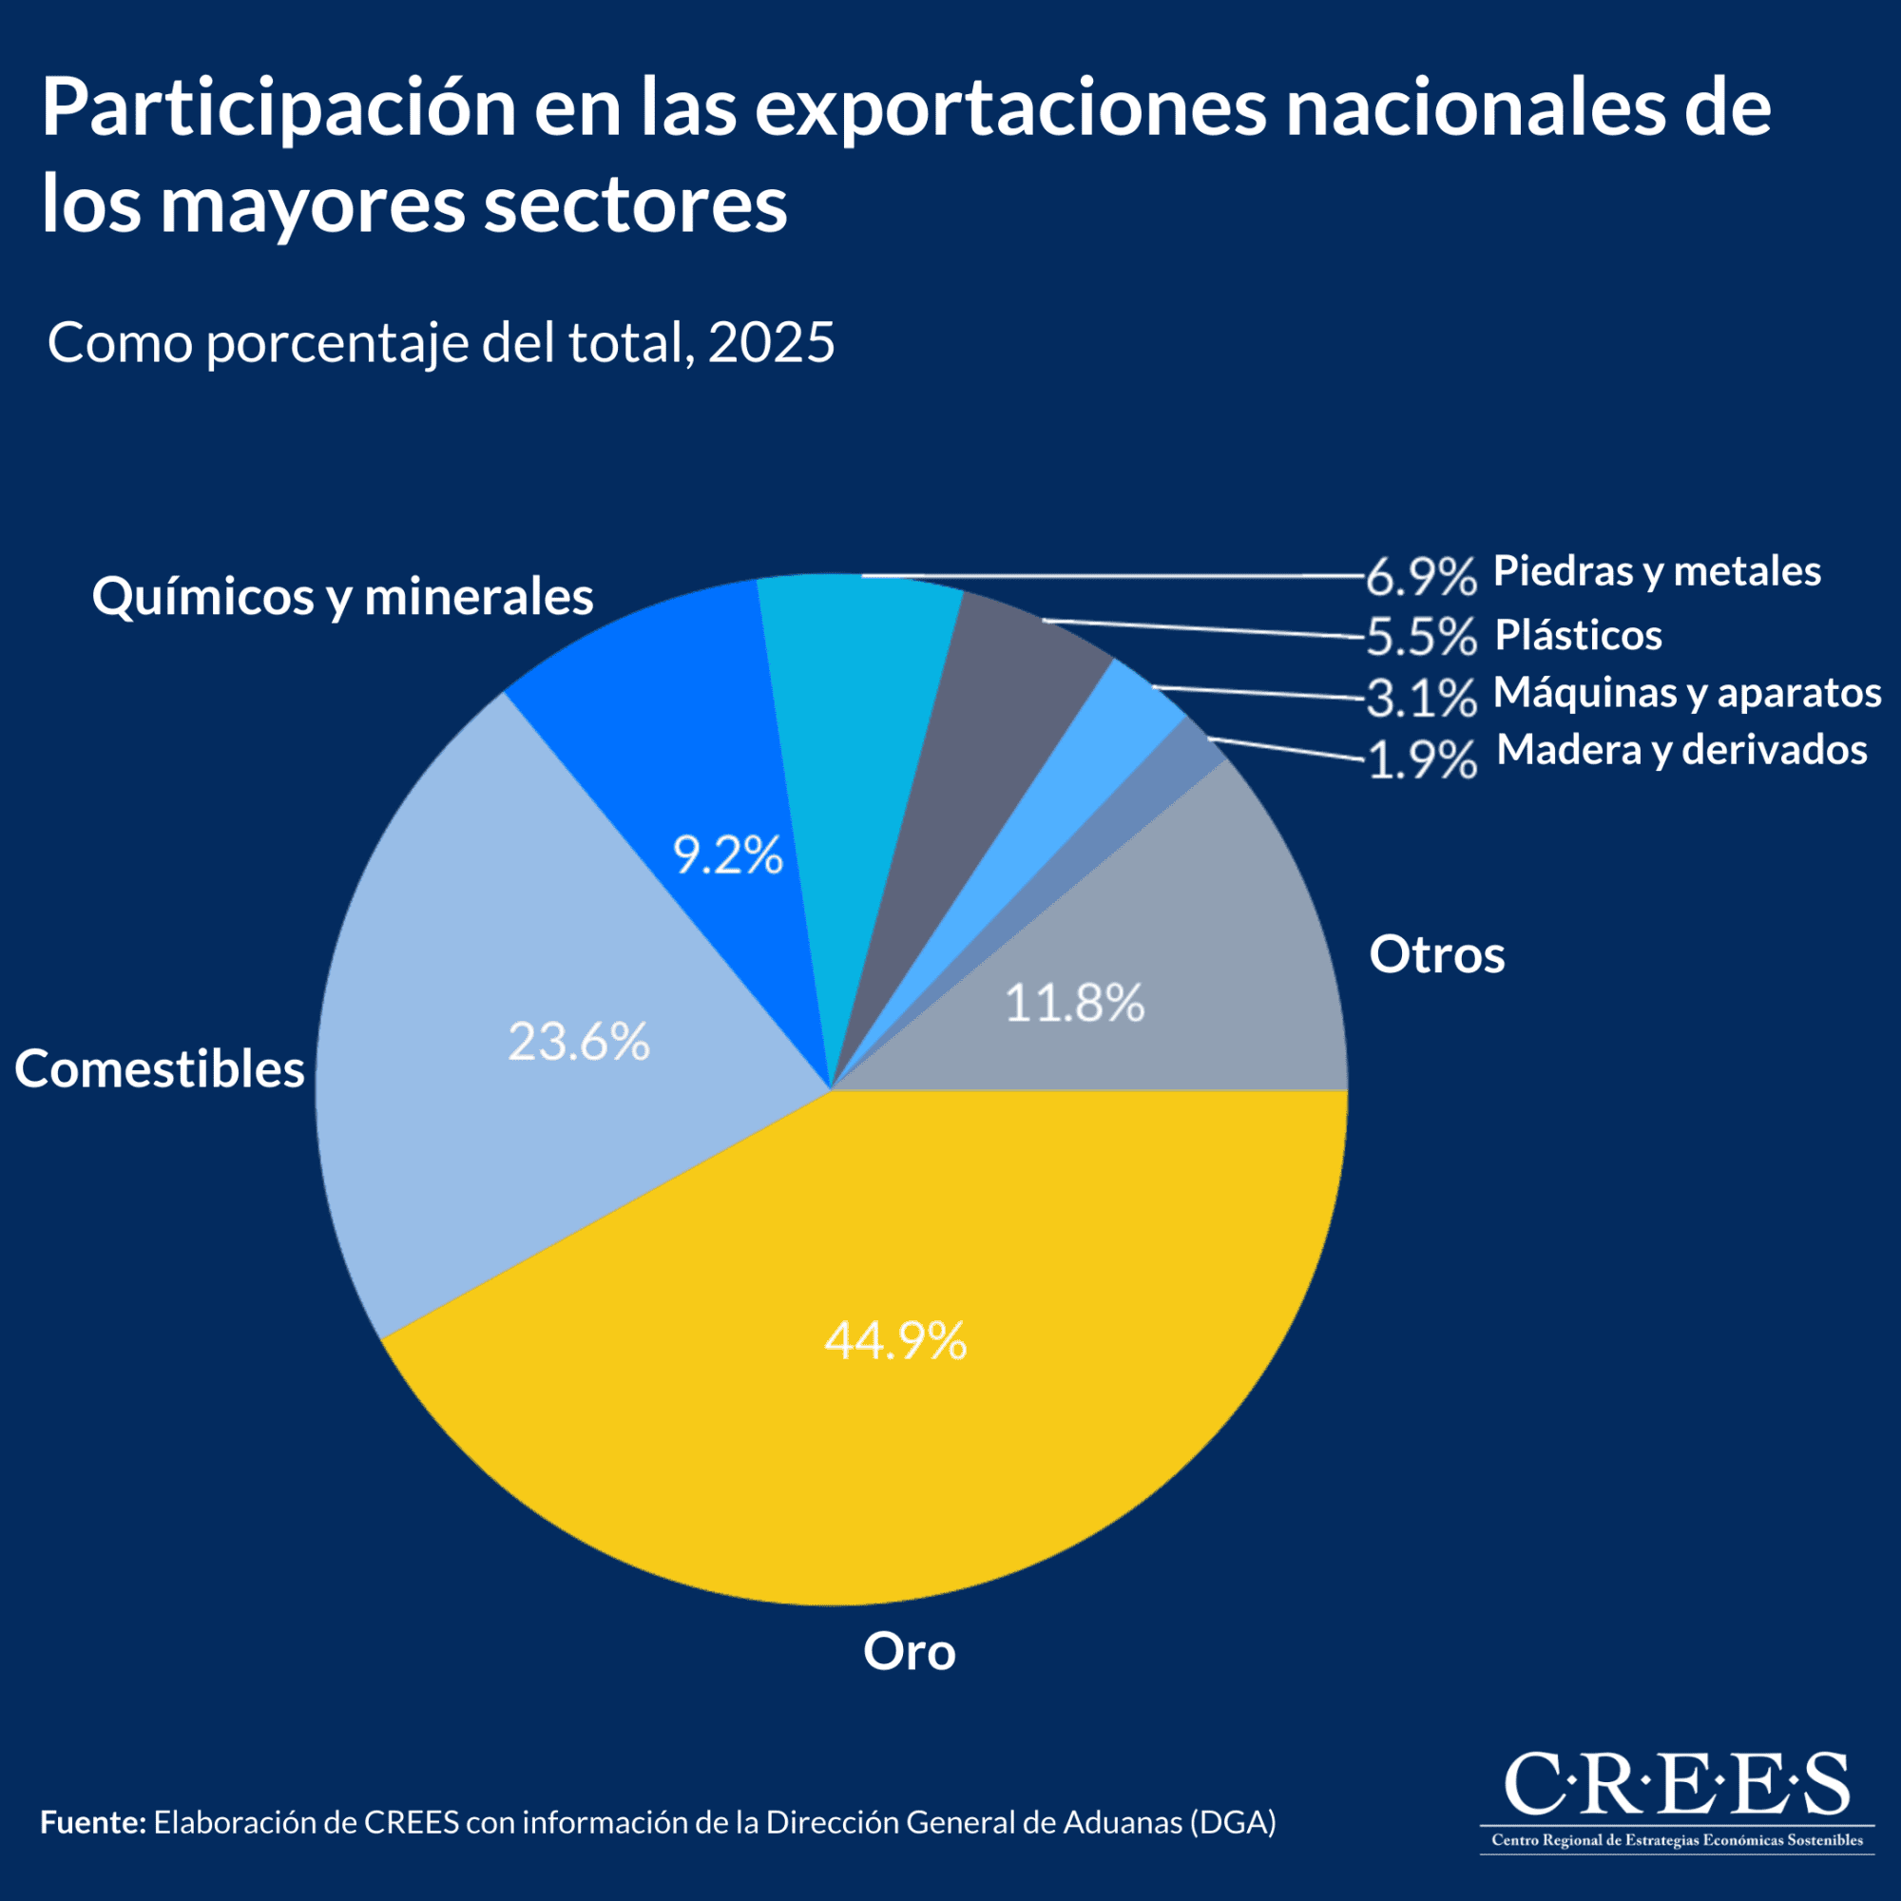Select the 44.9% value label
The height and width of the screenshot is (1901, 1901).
(x=895, y=1340)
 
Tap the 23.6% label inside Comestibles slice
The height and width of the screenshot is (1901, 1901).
(x=579, y=1041)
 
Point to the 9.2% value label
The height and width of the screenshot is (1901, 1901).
(x=727, y=855)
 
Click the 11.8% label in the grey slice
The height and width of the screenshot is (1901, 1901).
(x=1074, y=1003)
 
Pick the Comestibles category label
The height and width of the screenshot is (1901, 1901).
(x=160, y=1068)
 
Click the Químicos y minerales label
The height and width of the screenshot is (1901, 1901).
(x=342, y=596)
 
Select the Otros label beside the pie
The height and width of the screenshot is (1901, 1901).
(x=1436, y=954)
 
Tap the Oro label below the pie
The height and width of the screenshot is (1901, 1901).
(x=910, y=1651)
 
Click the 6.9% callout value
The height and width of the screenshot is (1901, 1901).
(x=1422, y=577)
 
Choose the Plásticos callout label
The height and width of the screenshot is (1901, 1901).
(x=1578, y=635)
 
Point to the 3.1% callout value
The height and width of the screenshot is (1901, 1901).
(x=1422, y=699)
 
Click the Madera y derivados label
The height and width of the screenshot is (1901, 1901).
(x=1681, y=750)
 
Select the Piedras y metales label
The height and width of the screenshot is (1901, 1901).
(x=1657, y=570)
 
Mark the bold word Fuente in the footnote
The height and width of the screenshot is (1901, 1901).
(x=92, y=1822)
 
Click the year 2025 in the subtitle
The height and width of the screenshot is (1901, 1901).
(x=771, y=343)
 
